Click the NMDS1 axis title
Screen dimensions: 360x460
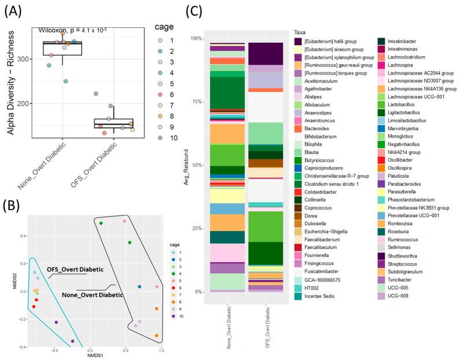click(95, 354)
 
